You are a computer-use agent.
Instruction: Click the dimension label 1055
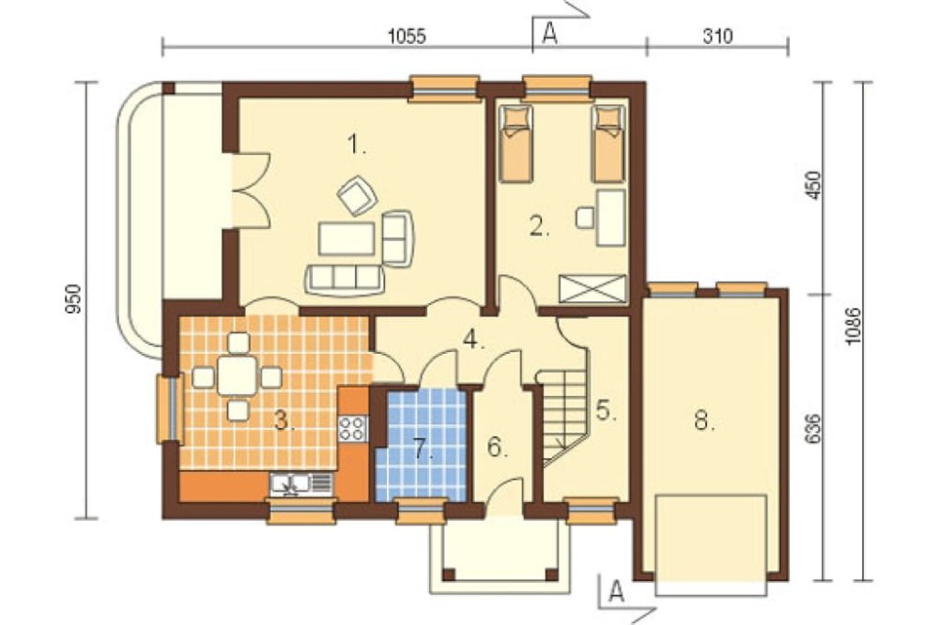tap(407, 37)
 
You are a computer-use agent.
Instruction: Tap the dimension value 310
tap(716, 37)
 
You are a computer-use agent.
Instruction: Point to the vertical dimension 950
tap(72, 299)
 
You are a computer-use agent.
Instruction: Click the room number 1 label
tap(356, 145)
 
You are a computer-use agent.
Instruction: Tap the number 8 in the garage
tap(703, 420)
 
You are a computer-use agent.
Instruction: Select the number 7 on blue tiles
tap(423, 448)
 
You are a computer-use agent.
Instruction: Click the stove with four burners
tap(352, 428)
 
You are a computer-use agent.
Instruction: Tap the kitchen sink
tap(300, 484)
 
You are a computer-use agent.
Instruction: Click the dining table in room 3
tap(238, 376)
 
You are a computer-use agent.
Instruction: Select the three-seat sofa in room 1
tap(345, 279)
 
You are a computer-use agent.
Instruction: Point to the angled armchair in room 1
tap(357, 195)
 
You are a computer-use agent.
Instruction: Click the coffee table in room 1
tap(346, 239)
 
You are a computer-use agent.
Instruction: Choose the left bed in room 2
tap(516, 144)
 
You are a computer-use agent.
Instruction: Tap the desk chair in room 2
tap(584, 217)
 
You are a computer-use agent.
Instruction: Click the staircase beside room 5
tap(562, 418)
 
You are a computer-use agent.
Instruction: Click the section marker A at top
tap(549, 34)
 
